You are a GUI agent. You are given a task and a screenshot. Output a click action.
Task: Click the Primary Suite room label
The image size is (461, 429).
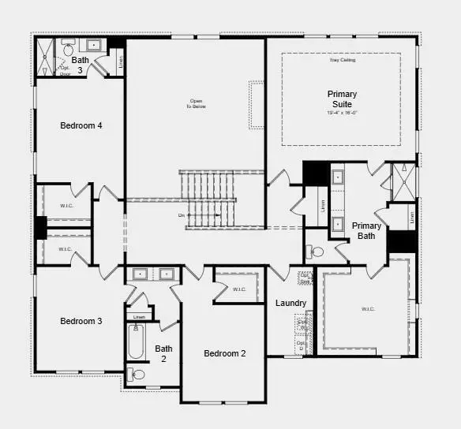click(x=342, y=99)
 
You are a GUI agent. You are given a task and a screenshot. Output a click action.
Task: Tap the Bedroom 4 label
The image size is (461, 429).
click(x=81, y=125)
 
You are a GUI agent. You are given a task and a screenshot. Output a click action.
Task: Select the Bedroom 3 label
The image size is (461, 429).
click(x=81, y=321)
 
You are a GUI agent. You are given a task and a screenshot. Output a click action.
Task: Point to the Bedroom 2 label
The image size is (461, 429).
click(x=225, y=353)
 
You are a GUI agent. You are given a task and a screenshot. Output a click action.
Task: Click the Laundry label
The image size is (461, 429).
click(x=290, y=303)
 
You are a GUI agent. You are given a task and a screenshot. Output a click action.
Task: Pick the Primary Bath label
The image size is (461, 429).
click(x=366, y=230)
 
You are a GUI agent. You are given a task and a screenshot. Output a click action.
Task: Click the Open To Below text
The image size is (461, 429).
click(x=196, y=103)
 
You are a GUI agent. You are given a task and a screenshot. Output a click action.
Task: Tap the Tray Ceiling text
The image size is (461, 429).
click(x=342, y=60)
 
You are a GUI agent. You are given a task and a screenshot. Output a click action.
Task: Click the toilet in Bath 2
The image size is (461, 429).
click(x=137, y=375)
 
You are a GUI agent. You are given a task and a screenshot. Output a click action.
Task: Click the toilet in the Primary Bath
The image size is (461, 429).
click(x=316, y=252)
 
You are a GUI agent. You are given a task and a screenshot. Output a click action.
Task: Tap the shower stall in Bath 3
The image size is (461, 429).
click(x=44, y=57)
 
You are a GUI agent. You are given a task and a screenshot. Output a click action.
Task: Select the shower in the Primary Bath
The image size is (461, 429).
click(x=403, y=181)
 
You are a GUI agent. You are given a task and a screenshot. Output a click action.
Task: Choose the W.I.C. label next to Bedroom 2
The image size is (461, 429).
click(x=239, y=289)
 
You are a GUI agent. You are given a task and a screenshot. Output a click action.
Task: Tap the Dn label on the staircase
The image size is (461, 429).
click(x=182, y=214)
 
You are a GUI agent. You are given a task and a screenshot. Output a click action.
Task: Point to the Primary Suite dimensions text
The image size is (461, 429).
click(x=342, y=112)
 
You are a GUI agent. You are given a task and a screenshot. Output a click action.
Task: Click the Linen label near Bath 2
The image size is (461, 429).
click(x=139, y=317)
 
